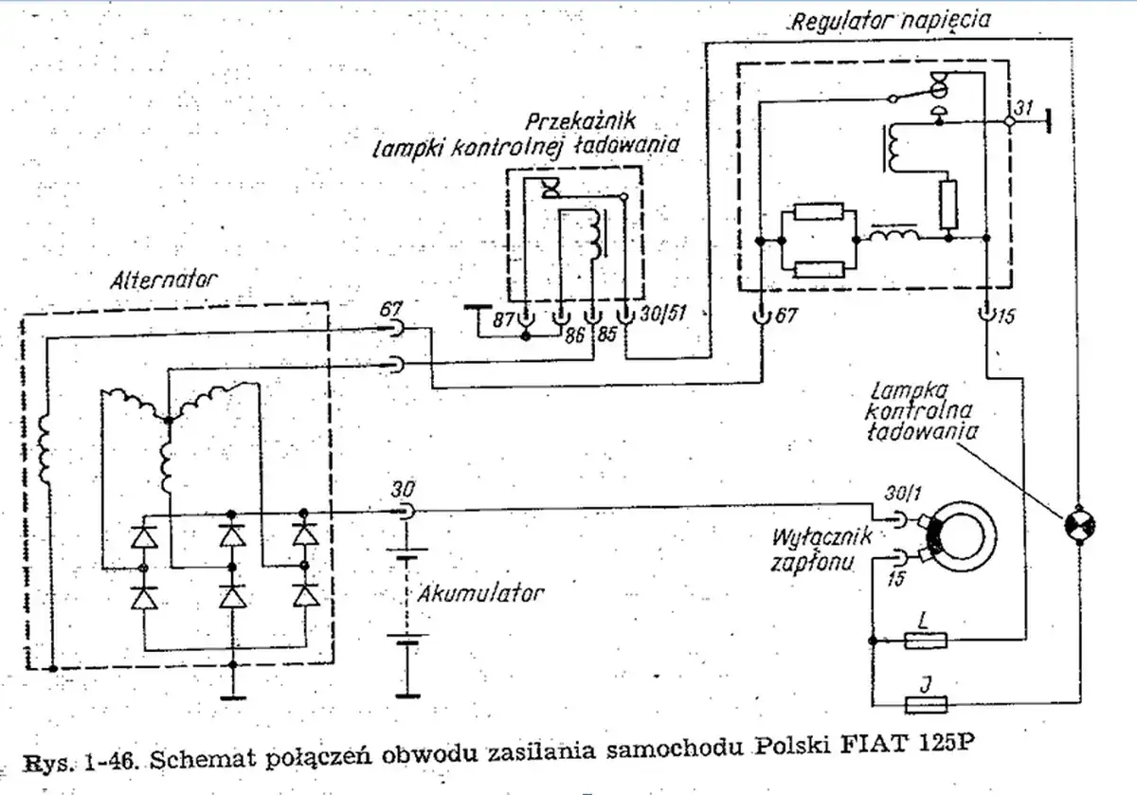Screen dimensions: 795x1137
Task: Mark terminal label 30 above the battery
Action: tap(403, 490)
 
